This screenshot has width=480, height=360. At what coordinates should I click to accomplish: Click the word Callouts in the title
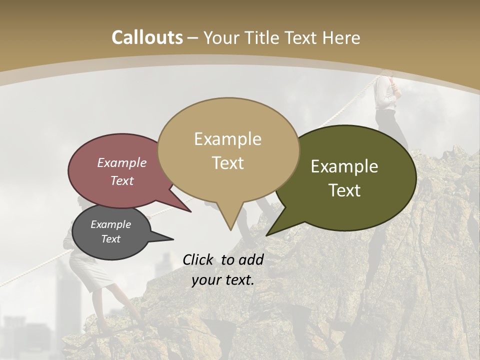pyautogui.click(x=147, y=37)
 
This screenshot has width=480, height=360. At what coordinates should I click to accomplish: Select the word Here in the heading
pyautogui.click(x=340, y=37)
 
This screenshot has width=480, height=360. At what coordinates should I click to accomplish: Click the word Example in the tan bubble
pyautogui.click(x=228, y=139)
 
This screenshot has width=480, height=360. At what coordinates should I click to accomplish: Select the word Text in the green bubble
pyautogui.click(x=344, y=190)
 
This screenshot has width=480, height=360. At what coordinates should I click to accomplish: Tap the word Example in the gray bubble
pyautogui.click(x=110, y=224)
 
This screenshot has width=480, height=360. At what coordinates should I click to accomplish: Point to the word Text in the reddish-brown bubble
pyautogui.click(x=122, y=180)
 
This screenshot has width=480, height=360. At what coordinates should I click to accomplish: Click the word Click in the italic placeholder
pyautogui.click(x=198, y=259)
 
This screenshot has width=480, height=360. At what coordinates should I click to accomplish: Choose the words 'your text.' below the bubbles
pyautogui.click(x=222, y=280)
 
